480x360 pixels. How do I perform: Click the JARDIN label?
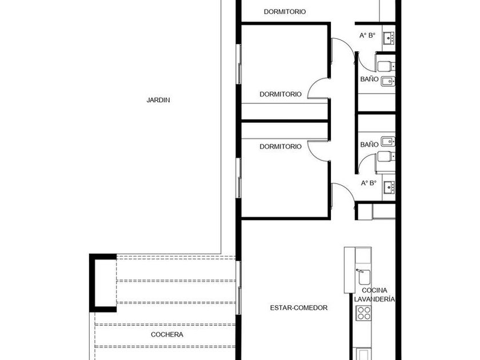pos(158,100)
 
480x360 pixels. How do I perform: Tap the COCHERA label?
pos(167,335)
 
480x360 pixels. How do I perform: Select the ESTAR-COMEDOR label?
pos(299,307)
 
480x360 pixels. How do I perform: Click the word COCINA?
pos(374,290)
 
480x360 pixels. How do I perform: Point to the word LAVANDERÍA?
pos(374,299)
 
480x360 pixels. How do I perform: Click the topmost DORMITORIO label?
pos(285,11)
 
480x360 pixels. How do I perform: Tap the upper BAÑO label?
pos(369,79)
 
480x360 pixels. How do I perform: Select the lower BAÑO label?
pos(369,144)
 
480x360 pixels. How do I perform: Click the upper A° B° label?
pos(367,35)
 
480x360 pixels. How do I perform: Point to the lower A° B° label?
pos(369,183)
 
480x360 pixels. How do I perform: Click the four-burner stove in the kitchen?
pos(364,313)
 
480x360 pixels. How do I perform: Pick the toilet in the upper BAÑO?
pos(386,66)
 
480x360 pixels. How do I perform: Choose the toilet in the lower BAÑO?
pos(386,157)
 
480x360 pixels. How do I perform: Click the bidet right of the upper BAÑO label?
pos(387,81)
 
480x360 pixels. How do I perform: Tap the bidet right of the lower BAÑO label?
pos(387,142)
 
